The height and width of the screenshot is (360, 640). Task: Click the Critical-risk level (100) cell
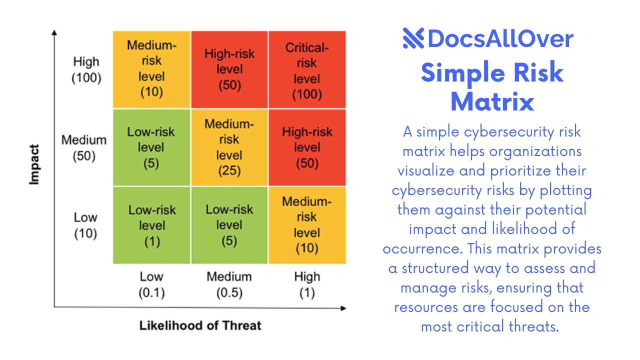point(307,70)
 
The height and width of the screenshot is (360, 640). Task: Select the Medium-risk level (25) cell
point(229,147)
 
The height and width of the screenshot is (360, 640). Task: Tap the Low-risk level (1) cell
point(151,225)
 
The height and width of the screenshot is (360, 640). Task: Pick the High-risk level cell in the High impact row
point(229,70)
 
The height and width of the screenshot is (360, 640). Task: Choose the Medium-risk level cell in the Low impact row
point(307,225)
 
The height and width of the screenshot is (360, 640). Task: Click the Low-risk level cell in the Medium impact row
point(151,147)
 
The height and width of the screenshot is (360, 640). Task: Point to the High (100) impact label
point(86,70)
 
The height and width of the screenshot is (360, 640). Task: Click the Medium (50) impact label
point(83,148)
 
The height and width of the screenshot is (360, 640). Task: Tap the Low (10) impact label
point(85,225)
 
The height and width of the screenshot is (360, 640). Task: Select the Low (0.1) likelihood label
point(151,284)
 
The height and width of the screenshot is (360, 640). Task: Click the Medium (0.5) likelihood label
point(229,284)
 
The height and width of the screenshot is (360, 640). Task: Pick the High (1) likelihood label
point(307,284)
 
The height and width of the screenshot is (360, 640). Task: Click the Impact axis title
point(34,165)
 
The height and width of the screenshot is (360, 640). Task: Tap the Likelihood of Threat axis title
point(200,326)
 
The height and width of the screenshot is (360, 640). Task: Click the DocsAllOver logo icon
point(413,38)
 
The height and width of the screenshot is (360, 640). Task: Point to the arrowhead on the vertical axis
point(54,33)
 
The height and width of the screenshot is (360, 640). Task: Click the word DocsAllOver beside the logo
point(500,39)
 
